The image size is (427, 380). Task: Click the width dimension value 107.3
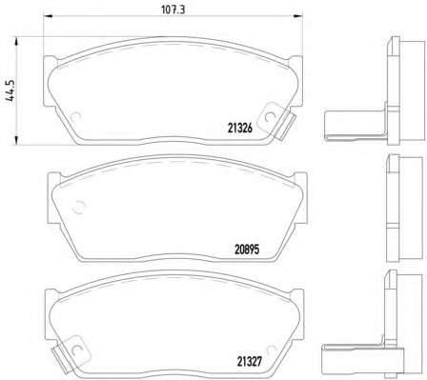pyautogui.click(x=173, y=10)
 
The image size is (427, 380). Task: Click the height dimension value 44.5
pyautogui.click(x=10, y=90)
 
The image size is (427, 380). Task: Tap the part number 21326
pyautogui.click(x=240, y=128)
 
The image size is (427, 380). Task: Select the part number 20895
pyautogui.click(x=247, y=250)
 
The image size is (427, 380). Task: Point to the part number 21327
pyautogui.click(x=250, y=361)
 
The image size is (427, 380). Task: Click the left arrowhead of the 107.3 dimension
pyautogui.click(x=48, y=16)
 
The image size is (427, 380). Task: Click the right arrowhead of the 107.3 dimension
pyautogui.click(x=298, y=16)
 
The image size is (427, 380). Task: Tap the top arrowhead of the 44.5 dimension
pyautogui.click(x=16, y=42)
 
